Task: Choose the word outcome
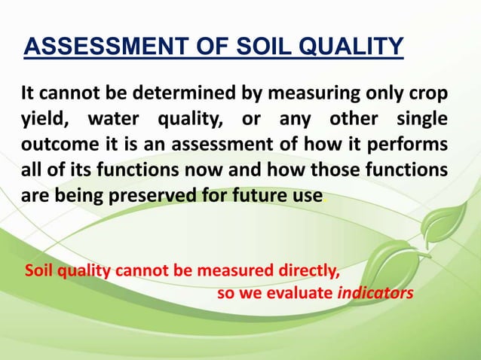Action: tap(54, 145)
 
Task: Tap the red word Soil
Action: tap(39, 270)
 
